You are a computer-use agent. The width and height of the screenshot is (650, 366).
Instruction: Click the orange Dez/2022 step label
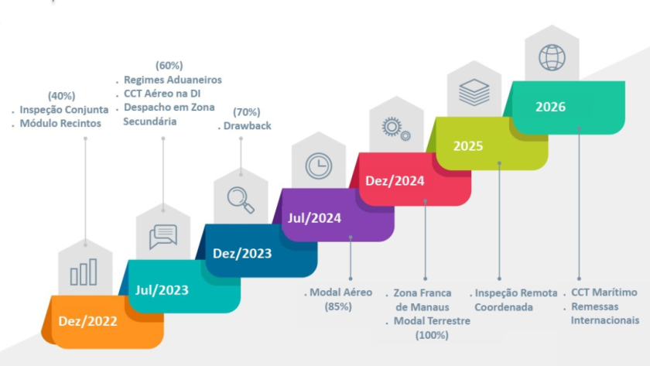click(x=87, y=321)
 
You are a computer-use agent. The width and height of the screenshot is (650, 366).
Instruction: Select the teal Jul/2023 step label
click(x=162, y=291)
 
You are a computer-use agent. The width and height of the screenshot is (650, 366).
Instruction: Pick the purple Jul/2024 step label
click(x=316, y=218)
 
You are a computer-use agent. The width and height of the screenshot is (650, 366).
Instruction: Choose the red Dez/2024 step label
click(x=395, y=181)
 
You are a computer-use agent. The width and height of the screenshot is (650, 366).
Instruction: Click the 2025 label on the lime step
click(x=468, y=145)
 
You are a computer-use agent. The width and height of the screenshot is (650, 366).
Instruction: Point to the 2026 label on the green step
click(x=550, y=107)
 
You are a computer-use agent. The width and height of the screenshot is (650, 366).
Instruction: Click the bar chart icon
click(x=84, y=272)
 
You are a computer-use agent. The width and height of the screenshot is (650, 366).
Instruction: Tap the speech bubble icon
click(x=163, y=235)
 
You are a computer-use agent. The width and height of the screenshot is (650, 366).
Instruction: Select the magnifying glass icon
click(x=241, y=200)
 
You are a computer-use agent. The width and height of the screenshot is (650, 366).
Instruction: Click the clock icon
click(x=318, y=165)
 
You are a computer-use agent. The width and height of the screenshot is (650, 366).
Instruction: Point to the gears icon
click(x=395, y=128)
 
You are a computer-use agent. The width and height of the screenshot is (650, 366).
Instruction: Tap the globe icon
click(x=551, y=57)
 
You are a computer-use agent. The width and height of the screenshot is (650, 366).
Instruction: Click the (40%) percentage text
click(x=61, y=96)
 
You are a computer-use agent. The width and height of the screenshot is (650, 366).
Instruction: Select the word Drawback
click(x=248, y=126)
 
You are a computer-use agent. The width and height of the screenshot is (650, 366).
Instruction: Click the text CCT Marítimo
click(x=604, y=292)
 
